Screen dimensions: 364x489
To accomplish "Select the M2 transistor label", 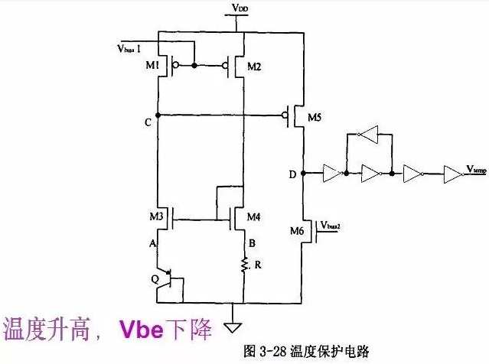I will [x=255, y=68].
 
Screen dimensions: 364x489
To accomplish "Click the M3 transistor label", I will [x=157, y=216].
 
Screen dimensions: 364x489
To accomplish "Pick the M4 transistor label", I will [x=254, y=216].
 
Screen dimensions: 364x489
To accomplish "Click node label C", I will [x=146, y=122].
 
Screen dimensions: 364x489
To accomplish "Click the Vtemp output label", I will [x=474, y=169].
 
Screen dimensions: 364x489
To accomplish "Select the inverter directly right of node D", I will [x=331, y=175].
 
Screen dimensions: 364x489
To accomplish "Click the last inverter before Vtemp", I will [x=452, y=175].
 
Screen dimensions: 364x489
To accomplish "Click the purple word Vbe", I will [x=142, y=329].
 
